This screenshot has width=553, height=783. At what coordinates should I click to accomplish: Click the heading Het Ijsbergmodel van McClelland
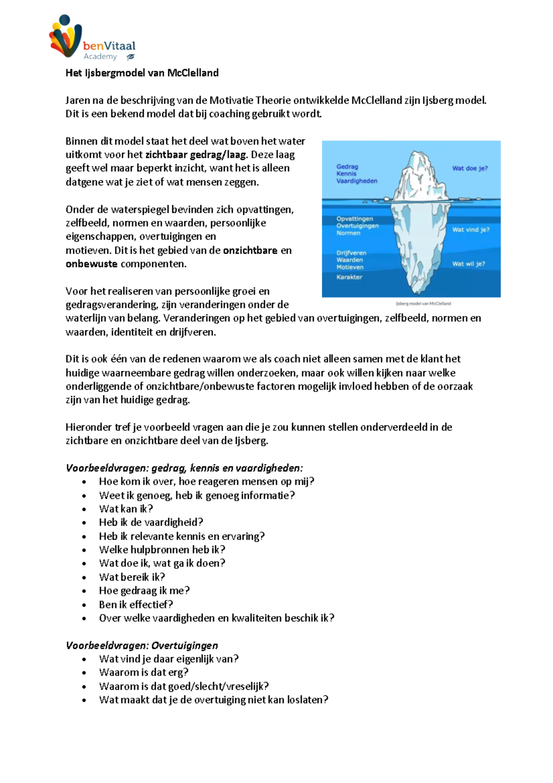(142, 73)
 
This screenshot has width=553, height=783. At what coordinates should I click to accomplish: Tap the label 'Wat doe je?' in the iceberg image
(470, 168)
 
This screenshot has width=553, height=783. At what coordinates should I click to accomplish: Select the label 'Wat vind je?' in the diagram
(471, 230)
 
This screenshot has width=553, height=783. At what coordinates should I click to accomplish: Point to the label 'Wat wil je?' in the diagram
(468, 264)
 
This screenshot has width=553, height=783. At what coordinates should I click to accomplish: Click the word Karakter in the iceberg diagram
(349, 277)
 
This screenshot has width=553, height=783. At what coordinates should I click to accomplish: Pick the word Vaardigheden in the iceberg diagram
(356, 181)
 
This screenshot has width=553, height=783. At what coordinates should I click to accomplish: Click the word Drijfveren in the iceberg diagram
(351, 253)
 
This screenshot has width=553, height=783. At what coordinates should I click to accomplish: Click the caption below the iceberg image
(423, 303)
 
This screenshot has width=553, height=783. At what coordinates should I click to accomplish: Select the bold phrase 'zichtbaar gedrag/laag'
(196, 155)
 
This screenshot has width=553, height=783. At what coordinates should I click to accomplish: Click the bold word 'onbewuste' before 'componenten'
(91, 264)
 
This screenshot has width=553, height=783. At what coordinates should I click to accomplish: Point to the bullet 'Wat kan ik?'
(126, 509)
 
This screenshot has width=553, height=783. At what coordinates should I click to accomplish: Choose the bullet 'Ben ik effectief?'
(136, 605)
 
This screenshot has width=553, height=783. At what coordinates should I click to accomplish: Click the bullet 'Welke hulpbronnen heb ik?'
(162, 550)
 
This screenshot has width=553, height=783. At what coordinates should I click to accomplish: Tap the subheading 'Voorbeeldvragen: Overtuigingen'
(141, 646)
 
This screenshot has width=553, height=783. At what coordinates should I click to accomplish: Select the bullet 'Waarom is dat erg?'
(143, 672)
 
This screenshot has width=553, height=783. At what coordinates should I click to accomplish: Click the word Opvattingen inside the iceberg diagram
(354, 219)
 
